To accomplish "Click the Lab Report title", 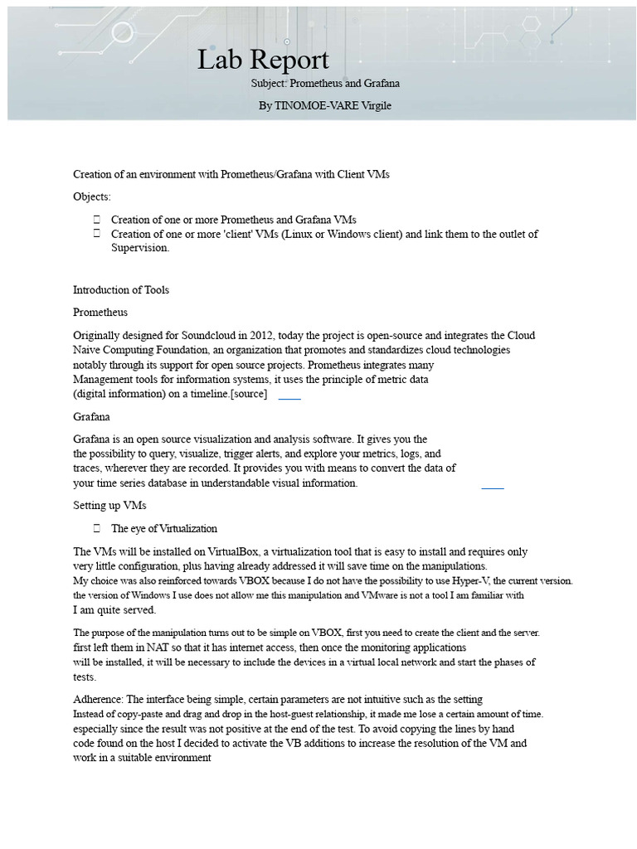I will tap(263, 60).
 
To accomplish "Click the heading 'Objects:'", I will tap(91, 196).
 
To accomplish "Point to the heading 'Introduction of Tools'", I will tap(121, 289).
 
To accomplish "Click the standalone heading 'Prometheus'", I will tap(100, 313).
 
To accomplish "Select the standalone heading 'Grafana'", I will tap(91, 416).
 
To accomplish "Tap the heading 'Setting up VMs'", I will tap(109, 505).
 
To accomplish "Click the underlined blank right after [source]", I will tap(289, 397).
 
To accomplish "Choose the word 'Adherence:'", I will tap(97, 700).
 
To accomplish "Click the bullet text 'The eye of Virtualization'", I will tap(164, 528).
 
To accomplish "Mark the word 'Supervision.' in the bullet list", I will tap(140, 247).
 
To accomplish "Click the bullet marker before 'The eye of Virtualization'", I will tap(97, 528).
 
